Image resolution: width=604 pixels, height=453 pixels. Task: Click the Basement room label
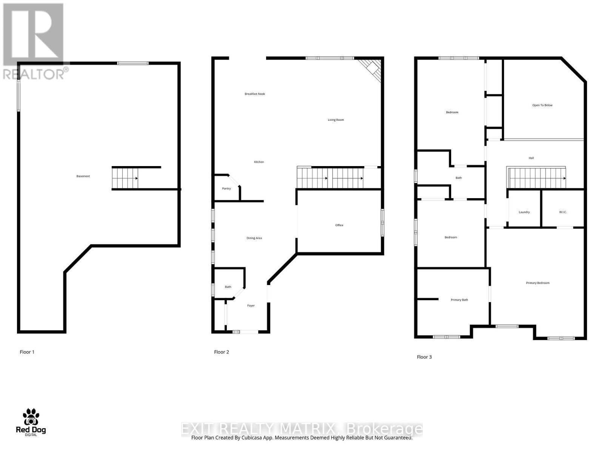[x=83, y=176]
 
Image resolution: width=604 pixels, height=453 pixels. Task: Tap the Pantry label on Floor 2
[x=226, y=189]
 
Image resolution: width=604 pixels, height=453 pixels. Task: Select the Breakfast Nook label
[x=255, y=94]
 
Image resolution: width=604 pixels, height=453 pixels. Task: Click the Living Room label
[x=336, y=120]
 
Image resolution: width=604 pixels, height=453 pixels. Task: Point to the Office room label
[x=339, y=225]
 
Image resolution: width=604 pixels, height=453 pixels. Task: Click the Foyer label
[x=251, y=306]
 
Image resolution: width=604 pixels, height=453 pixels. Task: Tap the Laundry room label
[x=524, y=212]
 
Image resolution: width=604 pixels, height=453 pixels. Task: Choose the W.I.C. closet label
[x=563, y=212]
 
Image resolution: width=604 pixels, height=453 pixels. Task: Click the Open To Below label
[x=542, y=105]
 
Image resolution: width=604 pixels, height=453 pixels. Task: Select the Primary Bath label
[x=459, y=300]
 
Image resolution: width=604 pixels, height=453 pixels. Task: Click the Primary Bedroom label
[x=538, y=283]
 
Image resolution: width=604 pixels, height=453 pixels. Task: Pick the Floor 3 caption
[x=424, y=357]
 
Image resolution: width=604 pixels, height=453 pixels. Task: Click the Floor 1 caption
[x=27, y=352]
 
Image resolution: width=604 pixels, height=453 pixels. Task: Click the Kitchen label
[x=259, y=162]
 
